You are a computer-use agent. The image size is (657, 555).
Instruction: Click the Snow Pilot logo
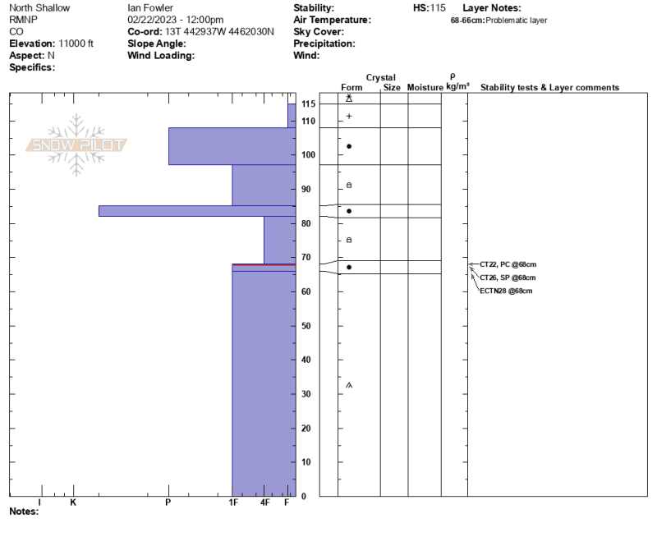click(76, 144)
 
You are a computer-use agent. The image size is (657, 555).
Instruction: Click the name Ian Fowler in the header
click(150, 8)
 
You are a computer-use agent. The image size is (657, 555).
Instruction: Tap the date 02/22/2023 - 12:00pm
click(175, 20)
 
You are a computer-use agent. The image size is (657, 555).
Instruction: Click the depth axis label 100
click(309, 155)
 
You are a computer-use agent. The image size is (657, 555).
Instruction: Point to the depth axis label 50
click(306, 326)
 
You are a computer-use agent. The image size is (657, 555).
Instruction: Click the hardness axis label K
click(73, 502)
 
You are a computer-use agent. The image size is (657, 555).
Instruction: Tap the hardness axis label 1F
click(233, 502)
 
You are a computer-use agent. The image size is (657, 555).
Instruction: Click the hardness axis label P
click(168, 502)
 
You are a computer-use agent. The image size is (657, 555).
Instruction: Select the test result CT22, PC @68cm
click(508, 264)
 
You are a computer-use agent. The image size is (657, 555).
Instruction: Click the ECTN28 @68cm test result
click(506, 291)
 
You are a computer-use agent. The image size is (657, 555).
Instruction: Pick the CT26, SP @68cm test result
click(508, 277)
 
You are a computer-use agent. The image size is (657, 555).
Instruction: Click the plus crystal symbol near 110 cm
click(349, 116)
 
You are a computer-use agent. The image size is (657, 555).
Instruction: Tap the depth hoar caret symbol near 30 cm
click(349, 385)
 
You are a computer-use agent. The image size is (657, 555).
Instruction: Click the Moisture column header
click(425, 88)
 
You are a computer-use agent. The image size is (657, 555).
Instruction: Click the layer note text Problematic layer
click(517, 21)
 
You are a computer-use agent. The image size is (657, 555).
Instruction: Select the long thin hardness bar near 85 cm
click(197, 211)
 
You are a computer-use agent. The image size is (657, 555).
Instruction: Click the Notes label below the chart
click(24, 511)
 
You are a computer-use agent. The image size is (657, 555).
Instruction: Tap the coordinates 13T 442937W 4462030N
click(219, 32)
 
